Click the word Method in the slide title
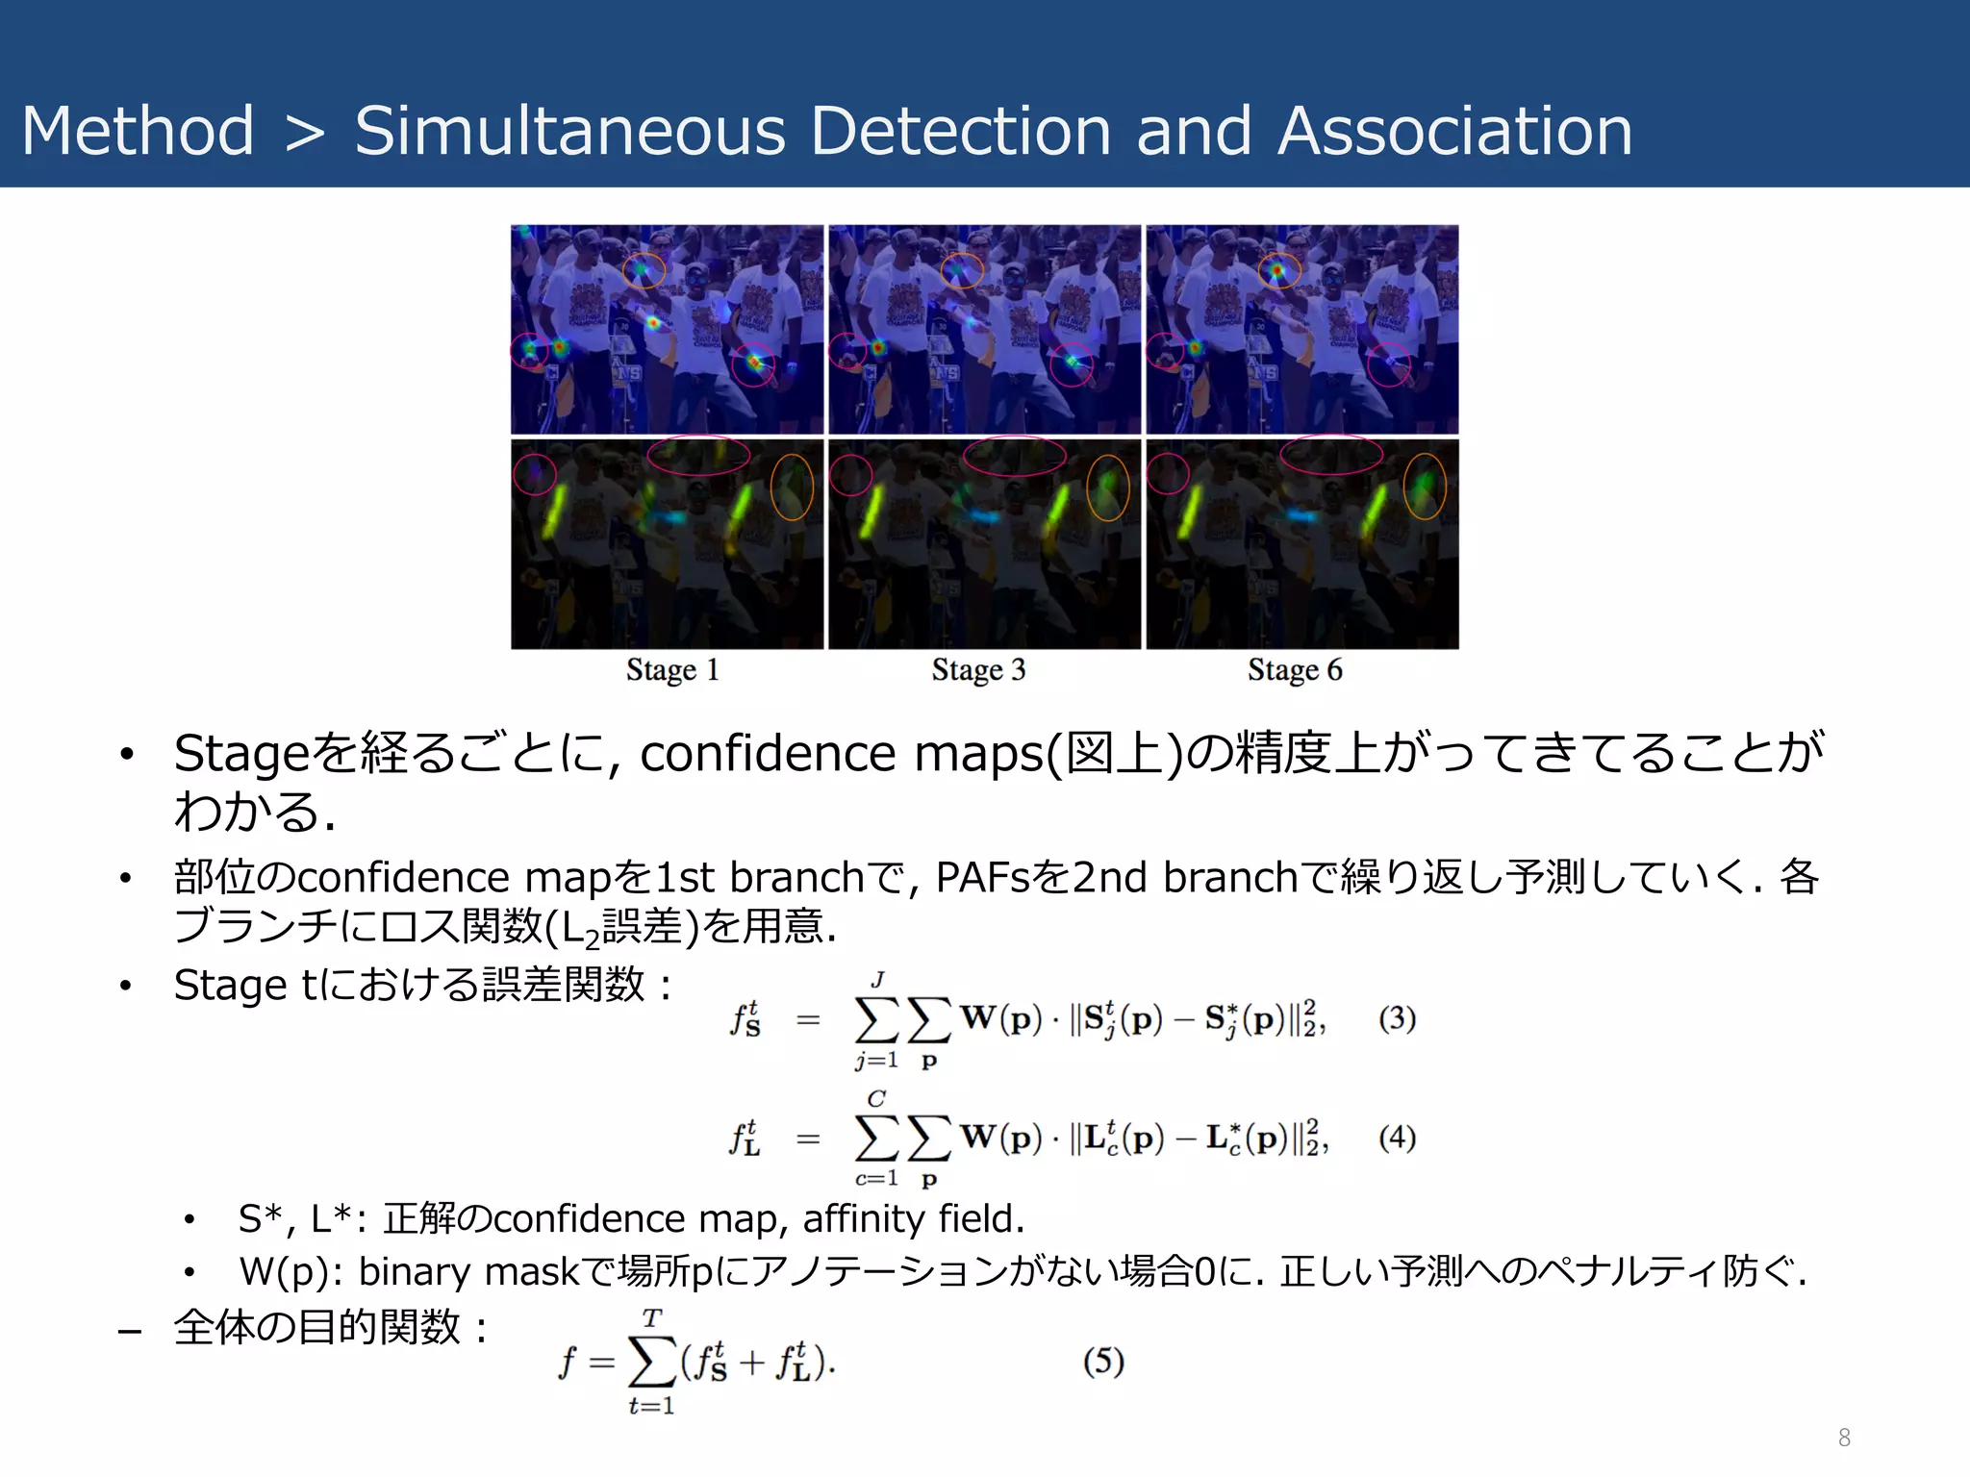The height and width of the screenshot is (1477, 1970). (x=138, y=131)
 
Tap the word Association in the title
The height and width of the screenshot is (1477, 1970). (x=1455, y=131)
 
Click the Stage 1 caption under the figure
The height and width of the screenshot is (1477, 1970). (x=672, y=669)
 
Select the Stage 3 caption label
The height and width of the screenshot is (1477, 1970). (x=978, y=669)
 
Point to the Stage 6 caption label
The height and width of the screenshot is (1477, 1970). (x=1295, y=669)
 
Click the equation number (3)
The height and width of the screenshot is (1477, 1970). (x=1397, y=1018)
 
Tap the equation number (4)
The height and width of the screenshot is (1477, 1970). (x=1397, y=1138)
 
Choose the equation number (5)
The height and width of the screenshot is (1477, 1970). (x=1103, y=1361)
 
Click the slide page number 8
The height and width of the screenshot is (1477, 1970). (x=1844, y=1438)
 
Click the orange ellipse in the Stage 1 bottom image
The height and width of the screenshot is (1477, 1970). (x=792, y=487)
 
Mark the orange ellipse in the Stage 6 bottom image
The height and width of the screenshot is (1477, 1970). (x=1425, y=487)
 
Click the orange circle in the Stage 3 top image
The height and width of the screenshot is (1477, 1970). (x=962, y=271)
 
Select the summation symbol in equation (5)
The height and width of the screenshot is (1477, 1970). (x=652, y=1362)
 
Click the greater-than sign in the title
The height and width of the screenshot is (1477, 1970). (x=305, y=133)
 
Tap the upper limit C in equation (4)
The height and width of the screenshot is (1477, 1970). (x=876, y=1098)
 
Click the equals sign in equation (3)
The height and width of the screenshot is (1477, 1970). (x=808, y=1019)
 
